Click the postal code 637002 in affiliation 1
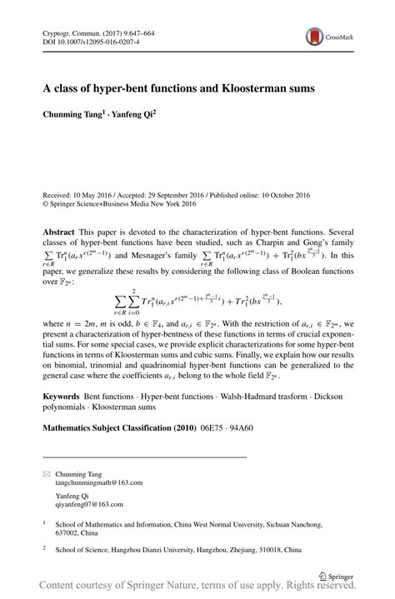tap(68, 535)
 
